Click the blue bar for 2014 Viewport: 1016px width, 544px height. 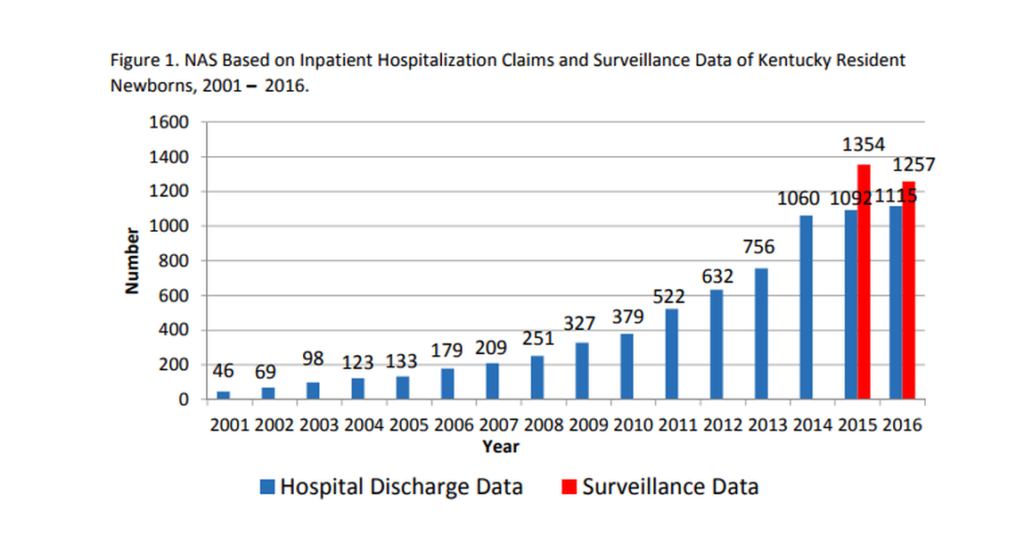pos(806,308)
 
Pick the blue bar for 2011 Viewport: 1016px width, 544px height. pos(671,354)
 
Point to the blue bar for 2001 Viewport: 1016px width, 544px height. pos(223,395)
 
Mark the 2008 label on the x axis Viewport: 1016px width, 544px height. pos(544,424)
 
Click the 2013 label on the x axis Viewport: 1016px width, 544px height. pos(767,424)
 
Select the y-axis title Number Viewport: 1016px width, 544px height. pos(133,260)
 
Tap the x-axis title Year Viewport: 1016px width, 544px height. pos(501,447)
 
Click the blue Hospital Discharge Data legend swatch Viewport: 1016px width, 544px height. pos(267,487)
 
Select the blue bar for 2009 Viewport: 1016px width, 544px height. pos(581,371)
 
